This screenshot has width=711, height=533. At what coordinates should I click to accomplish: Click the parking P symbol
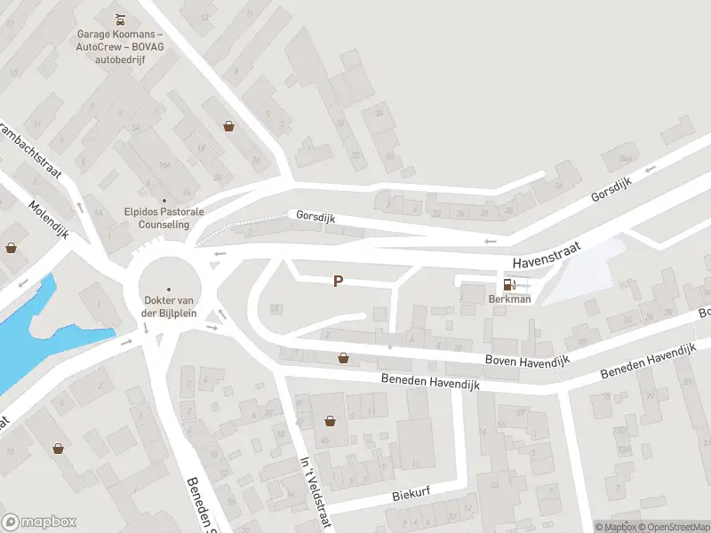[338, 281]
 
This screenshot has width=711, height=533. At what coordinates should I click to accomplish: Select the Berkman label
[509, 299]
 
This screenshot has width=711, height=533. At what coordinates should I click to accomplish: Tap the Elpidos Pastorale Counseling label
[164, 219]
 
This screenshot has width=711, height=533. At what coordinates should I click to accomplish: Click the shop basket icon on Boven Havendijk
[343, 358]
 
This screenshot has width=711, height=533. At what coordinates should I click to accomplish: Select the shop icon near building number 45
[331, 420]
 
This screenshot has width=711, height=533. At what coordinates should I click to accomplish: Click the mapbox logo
[38, 521]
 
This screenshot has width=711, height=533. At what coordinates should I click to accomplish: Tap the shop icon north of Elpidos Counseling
[229, 126]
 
